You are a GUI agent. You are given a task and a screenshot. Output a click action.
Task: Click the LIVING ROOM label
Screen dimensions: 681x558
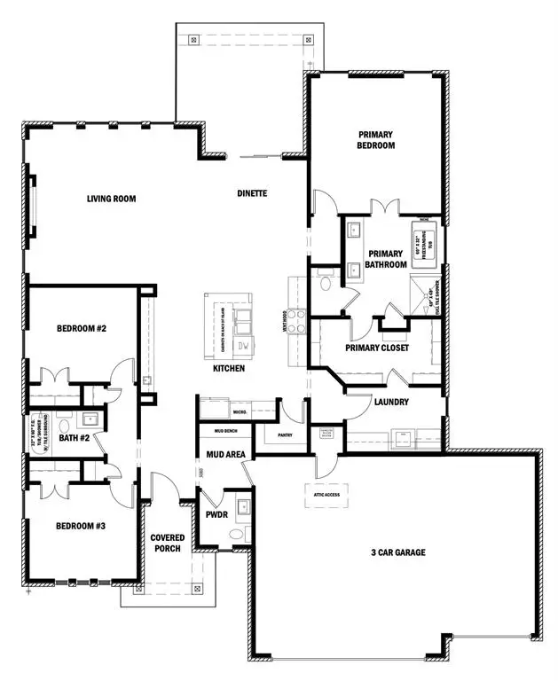pos(111,199)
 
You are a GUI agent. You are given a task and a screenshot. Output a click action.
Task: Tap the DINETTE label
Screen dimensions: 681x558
pos(252,193)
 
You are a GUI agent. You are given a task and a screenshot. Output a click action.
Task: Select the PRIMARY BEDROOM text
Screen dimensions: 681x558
pos(375,139)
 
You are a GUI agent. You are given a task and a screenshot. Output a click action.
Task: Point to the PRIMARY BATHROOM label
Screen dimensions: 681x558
pos(387,259)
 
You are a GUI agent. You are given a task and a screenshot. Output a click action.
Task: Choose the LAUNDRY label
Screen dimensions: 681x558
pos(390,402)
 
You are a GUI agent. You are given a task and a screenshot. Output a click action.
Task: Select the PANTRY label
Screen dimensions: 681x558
pos(286,435)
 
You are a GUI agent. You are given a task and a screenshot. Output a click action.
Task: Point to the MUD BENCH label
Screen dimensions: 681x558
pos(225,431)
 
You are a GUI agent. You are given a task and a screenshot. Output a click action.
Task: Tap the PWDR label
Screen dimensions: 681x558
pos(217,513)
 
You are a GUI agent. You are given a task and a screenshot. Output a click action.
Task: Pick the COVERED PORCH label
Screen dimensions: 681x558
pos(167,544)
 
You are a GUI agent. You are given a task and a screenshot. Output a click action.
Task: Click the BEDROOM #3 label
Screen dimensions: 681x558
pos(81,526)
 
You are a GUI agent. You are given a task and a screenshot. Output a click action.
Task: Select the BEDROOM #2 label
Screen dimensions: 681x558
pos(82,328)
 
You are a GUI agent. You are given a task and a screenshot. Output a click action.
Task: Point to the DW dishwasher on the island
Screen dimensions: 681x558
pos(240,345)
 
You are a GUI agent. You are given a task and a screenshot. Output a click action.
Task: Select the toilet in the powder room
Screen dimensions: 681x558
pos(235,533)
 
